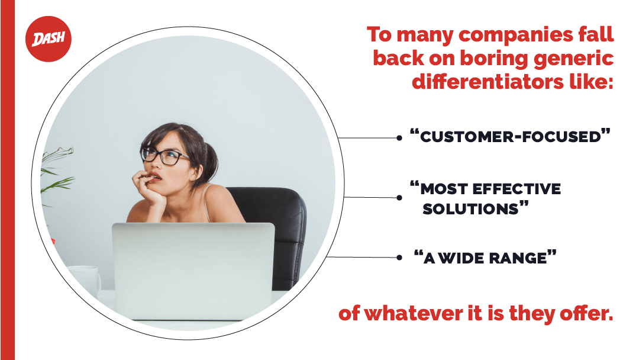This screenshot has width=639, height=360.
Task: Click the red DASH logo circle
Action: (x=49, y=39)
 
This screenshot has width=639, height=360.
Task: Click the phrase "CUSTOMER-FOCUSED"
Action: (x=510, y=136)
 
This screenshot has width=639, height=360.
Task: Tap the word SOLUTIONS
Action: (x=470, y=209)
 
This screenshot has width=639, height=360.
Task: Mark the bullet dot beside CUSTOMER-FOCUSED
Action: (x=399, y=138)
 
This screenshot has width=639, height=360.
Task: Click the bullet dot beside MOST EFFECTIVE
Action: (x=399, y=198)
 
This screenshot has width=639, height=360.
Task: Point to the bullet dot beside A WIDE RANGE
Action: (x=399, y=258)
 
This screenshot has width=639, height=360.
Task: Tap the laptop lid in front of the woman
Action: (x=193, y=271)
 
